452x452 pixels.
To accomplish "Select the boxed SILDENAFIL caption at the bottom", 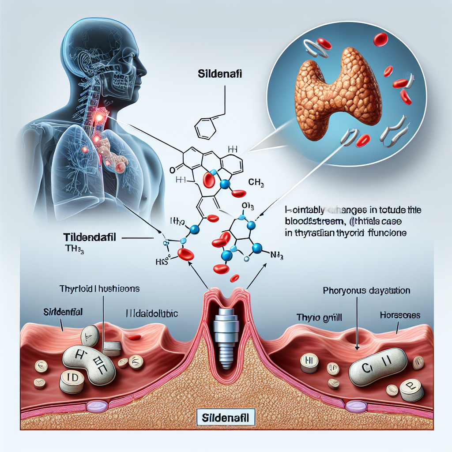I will pos(226,416).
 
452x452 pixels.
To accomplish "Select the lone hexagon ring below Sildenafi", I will pos(206,127).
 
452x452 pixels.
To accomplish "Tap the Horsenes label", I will pos(400,316).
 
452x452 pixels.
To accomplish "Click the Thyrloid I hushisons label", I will pos(99,290).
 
